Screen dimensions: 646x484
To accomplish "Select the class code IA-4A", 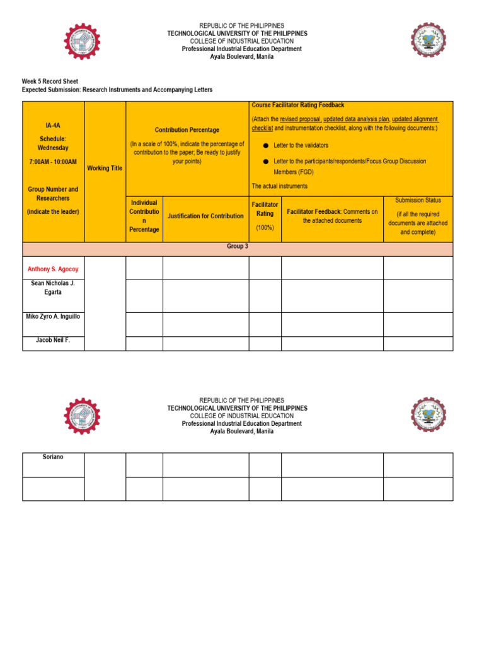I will click(x=53, y=126).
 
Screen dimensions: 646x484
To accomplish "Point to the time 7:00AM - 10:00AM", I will click(x=53, y=162).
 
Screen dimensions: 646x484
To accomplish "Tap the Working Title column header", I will click(x=105, y=168).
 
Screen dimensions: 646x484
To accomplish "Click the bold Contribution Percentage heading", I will click(x=187, y=130).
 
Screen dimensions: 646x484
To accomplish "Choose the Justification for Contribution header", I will click(x=205, y=216).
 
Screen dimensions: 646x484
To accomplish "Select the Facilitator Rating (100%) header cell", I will click(x=265, y=215).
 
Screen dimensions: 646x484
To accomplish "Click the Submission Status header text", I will click(x=418, y=200).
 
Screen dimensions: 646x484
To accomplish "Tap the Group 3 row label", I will click(x=238, y=247).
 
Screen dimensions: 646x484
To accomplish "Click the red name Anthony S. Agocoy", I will click(x=53, y=269).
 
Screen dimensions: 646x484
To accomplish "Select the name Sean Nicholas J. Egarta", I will click(x=53, y=288).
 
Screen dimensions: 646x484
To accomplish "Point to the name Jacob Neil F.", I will click(x=53, y=340).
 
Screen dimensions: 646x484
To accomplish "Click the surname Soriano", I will click(x=53, y=457).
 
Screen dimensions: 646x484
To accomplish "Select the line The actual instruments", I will click(x=280, y=186).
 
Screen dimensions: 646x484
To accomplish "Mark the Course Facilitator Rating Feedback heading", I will click(x=297, y=105).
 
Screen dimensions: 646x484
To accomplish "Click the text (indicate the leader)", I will click(x=53, y=212).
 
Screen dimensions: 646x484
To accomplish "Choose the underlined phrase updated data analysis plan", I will click(x=356, y=119).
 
